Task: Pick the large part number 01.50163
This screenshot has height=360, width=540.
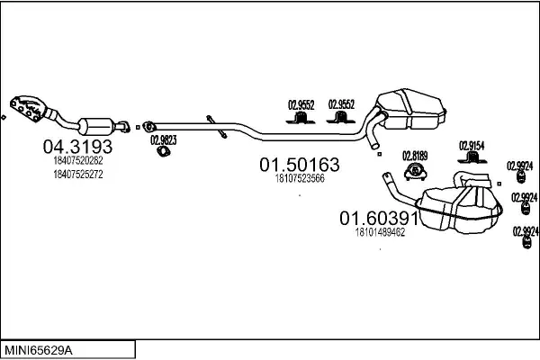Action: [x=300, y=165]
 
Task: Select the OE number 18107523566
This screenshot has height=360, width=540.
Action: [x=299, y=178]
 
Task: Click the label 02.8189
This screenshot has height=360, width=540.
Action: [x=414, y=155]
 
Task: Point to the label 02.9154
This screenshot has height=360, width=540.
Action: [x=472, y=145]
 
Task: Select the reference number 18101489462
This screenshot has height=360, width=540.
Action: [x=380, y=232]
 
